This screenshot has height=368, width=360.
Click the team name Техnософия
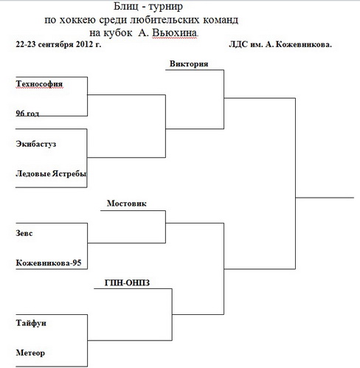[39, 84]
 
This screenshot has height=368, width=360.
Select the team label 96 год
[27, 113]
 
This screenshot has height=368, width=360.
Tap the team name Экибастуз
[36, 144]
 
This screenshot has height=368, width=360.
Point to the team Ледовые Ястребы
[51, 174]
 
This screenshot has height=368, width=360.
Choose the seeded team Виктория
[189, 64]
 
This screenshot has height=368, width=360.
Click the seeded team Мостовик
[127, 204]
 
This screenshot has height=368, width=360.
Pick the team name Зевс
[24, 233]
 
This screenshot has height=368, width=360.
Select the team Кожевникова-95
[49, 263]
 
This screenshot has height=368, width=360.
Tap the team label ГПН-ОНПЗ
[127, 282]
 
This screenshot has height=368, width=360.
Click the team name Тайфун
[31, 323]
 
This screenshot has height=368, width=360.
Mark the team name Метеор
[30, 353]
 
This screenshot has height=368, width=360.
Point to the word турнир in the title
[166, 7]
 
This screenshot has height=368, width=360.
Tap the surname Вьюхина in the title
[175, 32]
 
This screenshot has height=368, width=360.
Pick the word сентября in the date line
[56, 44]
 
